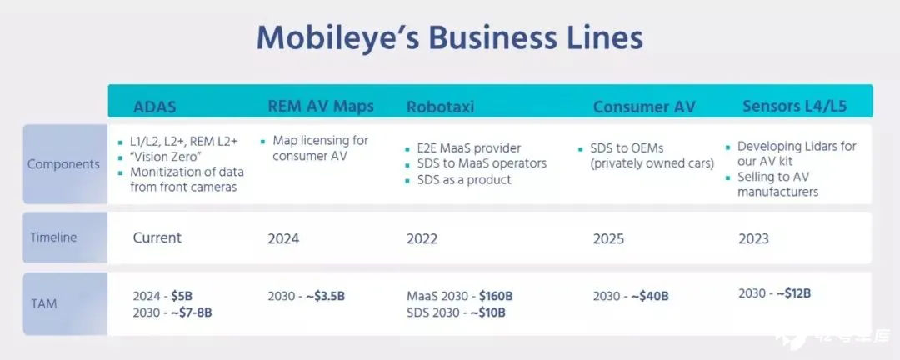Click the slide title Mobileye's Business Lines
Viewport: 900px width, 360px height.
[449, 38]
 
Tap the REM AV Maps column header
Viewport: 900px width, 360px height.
[321, 106]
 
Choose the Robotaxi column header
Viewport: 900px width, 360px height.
[440, 107]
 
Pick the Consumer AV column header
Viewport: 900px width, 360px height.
[644, 107]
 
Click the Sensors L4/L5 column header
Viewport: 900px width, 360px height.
[794, 106]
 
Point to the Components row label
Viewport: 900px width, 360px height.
[63, 164]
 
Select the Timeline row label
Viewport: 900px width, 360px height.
[53, 237]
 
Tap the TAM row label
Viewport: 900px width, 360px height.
[43, 303]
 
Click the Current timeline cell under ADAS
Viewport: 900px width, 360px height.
[157, 237]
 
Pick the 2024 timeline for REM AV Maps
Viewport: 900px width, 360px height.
[283, 239]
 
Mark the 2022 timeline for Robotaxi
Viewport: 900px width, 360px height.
[422, 239]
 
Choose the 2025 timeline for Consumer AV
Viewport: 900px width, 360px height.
[608, 239]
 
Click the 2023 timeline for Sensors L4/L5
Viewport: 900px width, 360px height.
[753, 238]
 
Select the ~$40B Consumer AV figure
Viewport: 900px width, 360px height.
[650, 297]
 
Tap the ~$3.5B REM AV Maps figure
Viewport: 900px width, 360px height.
[325, 297]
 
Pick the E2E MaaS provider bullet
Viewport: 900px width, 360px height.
[462, 148]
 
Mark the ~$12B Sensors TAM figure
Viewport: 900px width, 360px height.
[794, 293]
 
